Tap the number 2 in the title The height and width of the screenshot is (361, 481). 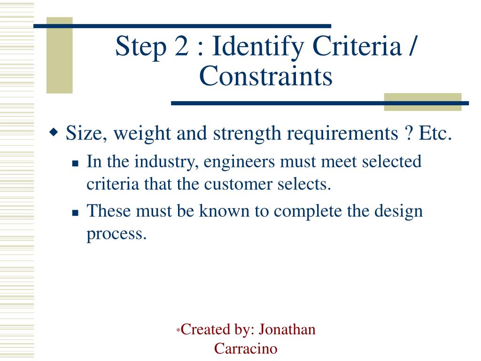click(183, 47)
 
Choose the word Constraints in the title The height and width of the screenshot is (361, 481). click(265, 77)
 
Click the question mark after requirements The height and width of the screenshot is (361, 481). click(406, 133)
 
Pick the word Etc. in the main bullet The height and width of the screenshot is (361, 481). click(434, 133)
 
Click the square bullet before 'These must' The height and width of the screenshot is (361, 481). click(75, 213)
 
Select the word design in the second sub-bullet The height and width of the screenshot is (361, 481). click(399, 212)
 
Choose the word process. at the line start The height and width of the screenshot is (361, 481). click(117, 234)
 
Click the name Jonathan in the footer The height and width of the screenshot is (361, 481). click(287, 330)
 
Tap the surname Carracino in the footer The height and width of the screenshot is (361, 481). click(246, 348)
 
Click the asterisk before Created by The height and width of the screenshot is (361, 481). click(178, 331)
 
